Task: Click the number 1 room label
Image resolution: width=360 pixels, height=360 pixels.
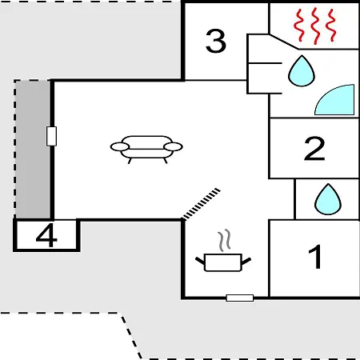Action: tap(315, 257)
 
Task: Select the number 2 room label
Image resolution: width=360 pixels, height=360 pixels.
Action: tap(314, 148)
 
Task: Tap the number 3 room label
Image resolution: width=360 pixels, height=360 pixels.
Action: tap(216, 41)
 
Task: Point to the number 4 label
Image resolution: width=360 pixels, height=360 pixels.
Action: tap(46, 235)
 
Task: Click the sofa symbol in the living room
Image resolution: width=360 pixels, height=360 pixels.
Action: tap(146, 150)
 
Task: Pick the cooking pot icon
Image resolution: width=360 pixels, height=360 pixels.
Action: tap(223, 262)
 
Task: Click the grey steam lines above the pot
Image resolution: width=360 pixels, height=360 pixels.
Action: tap(224, 240)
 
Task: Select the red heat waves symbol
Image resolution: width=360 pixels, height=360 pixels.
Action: tap(314, 26)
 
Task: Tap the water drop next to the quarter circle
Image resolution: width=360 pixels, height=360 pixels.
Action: tap(302, 71)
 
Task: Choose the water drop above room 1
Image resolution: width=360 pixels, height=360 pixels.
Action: tap(328, 199)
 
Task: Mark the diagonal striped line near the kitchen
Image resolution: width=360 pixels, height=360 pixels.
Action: tap(202, 204)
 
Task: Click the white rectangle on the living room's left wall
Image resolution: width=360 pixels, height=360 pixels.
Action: tap(51, 136)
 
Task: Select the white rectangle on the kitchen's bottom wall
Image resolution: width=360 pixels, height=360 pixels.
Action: tap(240, 298)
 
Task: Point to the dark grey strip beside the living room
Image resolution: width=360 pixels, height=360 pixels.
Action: tap(33, 150)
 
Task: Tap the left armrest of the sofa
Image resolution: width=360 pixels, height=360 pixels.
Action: tap(120, 146)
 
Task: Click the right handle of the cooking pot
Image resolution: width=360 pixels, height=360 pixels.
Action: tap(246, 261)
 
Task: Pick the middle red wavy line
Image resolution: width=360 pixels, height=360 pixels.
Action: tap(315, 26)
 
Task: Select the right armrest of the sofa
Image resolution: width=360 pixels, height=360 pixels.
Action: tap(174, 146)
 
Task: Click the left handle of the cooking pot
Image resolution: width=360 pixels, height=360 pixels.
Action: tap(200, 261)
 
